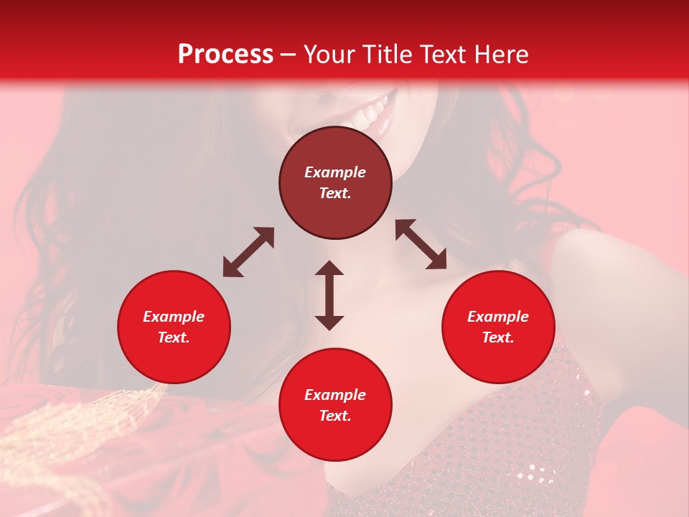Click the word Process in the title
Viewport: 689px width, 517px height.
coord(225,55)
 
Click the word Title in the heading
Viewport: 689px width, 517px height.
coord(385,55)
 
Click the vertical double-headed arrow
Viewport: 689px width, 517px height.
coord(329,295)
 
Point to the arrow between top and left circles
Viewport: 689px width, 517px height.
coord(248,252)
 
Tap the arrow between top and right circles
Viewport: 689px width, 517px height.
coord(421,244)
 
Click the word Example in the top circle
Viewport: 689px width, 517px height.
coord(335,172)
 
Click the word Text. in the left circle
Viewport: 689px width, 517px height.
coord(174,337)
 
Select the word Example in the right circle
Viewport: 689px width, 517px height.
coord(498,317)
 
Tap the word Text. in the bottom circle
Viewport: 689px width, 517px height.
coord(335,416)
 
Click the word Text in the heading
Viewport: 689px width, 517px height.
coord(442,55)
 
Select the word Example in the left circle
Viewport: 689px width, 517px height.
coord(174,317)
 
